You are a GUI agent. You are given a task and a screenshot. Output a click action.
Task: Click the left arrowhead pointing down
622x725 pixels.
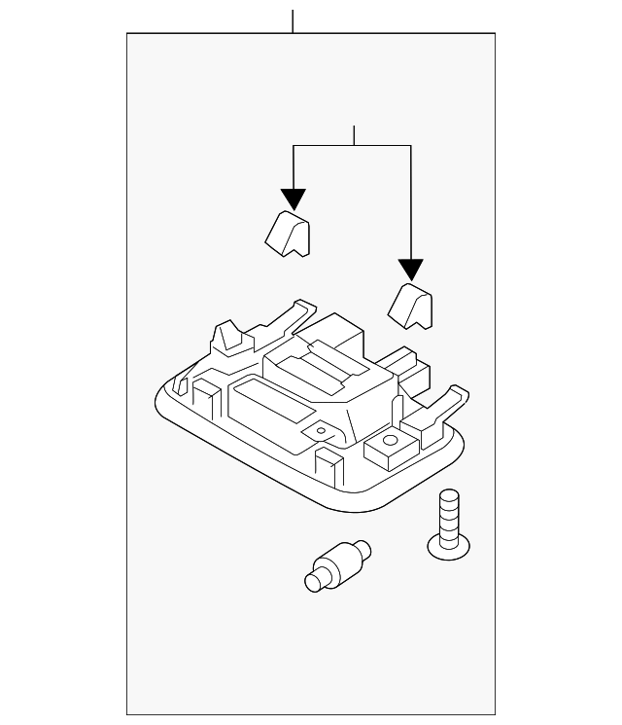[294, 199]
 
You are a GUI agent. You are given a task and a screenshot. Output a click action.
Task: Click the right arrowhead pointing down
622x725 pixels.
[411, 271]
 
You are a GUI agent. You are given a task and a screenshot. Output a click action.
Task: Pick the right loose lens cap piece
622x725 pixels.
[411, 304]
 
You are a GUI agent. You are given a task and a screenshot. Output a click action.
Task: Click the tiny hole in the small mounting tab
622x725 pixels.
[318, 428]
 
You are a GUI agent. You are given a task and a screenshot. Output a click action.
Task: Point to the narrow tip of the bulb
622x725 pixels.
[314, 582]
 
